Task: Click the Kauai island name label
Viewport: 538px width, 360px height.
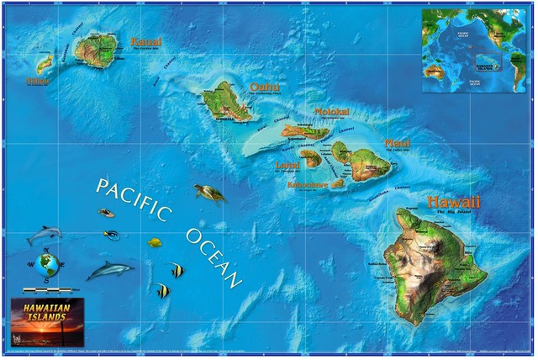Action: [x=145, y=41]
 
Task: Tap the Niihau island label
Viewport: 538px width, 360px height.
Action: [x=37, y=82]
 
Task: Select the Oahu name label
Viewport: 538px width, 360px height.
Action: [x=264, y=87]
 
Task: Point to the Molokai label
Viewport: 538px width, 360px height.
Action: [x=330, y=112]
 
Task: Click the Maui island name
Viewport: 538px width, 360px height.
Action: [x=397, y=144]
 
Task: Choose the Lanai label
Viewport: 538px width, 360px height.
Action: [x=287, y=165]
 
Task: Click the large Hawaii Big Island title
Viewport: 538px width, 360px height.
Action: [x=453, y=203]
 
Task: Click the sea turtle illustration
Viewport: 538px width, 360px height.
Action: [x=210, y=194]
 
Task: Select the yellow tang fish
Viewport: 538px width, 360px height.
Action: [x=155, y=242]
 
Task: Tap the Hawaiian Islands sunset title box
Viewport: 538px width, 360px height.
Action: [x=47, y=320]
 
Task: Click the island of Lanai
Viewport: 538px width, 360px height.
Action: [x=311, y=157]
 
